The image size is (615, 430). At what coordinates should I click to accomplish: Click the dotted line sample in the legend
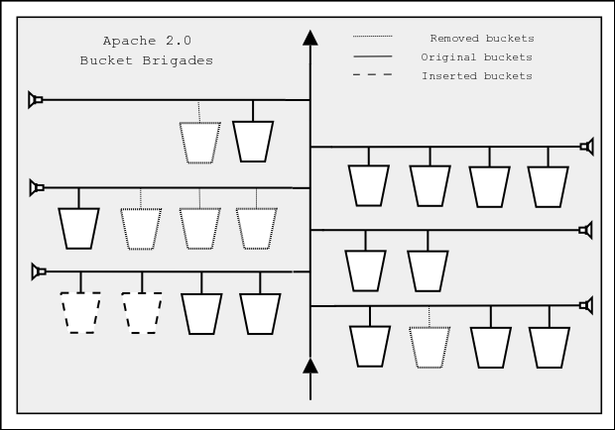pyautogui.click(x=372, y=39)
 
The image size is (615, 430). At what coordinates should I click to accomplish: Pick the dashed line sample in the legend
pyautogui.click(x=372, y=76)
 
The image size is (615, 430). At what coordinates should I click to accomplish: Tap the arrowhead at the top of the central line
pyautogui.click(x=310, y=39)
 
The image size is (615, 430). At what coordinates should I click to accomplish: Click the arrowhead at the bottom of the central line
pyautogui.click(x=310, y=367)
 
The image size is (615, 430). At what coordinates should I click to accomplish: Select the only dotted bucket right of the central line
pyautogui.click(x=430, y=346)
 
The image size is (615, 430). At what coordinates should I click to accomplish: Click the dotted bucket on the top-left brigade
pyautogui.click(x=199, y=142)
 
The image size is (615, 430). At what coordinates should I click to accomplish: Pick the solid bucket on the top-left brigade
pyautogui.click(x=252, y=141)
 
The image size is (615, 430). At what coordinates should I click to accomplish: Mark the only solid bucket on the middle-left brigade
pyautogui.click(x=79, y=227)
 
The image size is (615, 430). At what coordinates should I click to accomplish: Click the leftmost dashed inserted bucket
pyautogui.click(x=80, y=312)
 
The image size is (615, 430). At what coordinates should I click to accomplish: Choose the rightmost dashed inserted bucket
pyautogui.click(x=142, y=312)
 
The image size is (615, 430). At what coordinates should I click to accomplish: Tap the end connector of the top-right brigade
pyautogui.click(x=586, y=147)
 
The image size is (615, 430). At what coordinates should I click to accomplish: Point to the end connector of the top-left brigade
pyautogui.click(x=36, y=100)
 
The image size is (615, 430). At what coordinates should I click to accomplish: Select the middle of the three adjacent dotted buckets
pyautogui.click(x=199, y=227)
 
